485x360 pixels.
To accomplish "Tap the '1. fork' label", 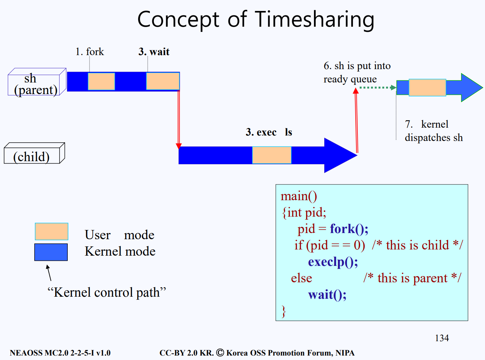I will [90, 52].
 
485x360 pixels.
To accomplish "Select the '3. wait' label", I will [154, 52].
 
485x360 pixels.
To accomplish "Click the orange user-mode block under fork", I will [101, 81].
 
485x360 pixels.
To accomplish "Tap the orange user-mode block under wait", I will [162, 81].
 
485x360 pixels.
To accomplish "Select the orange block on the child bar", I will [272, 155].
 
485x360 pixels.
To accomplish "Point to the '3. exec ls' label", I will [269, 132].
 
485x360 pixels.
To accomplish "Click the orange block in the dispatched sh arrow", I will [427, 87].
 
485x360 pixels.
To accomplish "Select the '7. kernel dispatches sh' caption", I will [433, 131].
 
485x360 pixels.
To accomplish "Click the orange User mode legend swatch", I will [52, 232].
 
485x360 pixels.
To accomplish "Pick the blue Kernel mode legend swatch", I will [51, 252].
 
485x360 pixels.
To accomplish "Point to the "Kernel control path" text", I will [107, 293].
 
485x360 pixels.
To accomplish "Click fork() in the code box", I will [349, 229].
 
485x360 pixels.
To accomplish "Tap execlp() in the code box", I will [333, 262].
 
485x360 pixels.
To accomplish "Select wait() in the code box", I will [327, 295].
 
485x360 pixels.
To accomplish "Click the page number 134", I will [442, 338].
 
